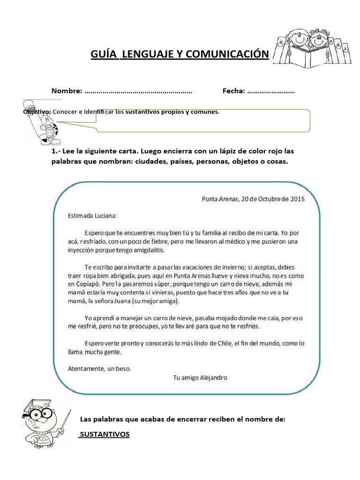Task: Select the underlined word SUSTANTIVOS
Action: pos(104,435)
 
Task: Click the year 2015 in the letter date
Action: pos(297,198)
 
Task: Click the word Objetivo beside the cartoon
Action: pos(37,112)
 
